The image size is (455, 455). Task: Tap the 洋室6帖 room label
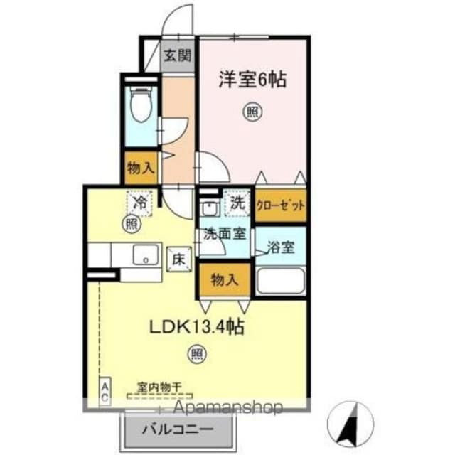[252, 80]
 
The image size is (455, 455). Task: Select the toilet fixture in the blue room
[142, 105]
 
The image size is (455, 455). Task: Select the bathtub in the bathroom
[280, 281]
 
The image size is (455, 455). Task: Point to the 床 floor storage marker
[178, 260]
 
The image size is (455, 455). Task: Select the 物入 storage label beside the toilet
[141, 168]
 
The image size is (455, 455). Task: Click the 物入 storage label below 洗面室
[224, 279]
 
